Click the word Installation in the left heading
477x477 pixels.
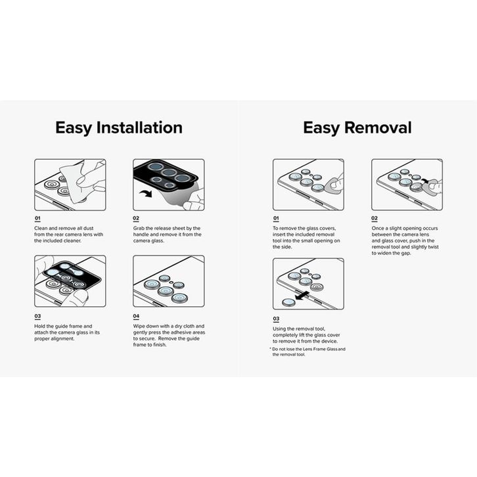(x=139, y=127)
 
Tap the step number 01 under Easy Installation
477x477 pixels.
(x=37, y=219)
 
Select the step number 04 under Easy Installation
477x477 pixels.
(x=137, y=315)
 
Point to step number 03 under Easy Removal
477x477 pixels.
(x=276, y=319)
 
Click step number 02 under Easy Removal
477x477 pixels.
(x=375, y=219)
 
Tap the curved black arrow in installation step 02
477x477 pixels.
(x=145, y=193)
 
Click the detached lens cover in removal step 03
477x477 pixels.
(x=288, y=302)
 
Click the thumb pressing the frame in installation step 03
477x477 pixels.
(x=79, y=296)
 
